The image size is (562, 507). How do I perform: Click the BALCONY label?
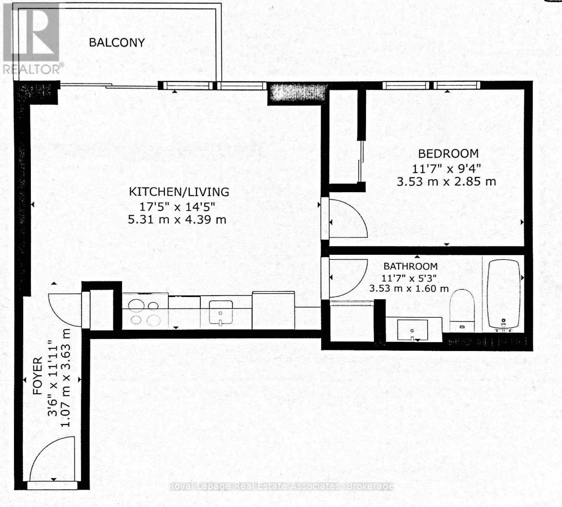117,42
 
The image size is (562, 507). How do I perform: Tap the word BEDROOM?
448,153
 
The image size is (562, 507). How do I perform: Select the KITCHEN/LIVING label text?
179,192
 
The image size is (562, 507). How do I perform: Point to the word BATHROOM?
410,266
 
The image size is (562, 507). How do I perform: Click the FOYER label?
38,376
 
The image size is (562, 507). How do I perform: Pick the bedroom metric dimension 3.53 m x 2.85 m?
446,182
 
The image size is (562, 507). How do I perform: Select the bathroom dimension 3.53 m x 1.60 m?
409,289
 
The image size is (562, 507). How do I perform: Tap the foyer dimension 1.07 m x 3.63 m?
65,377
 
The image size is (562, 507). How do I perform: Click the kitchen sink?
220,313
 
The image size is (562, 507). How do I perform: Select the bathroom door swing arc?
346,277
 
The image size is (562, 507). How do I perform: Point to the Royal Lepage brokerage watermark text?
281,486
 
